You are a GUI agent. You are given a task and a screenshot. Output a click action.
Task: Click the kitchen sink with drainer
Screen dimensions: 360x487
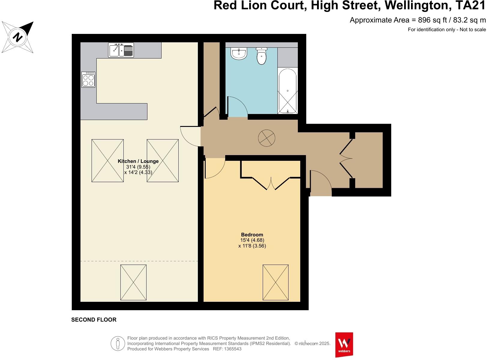[x=121, y=50]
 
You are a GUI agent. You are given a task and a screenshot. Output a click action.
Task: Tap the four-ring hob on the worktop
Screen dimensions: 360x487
[x=88, y=79]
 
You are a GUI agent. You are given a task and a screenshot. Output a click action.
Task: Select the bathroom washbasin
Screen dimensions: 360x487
[x=239, y=54]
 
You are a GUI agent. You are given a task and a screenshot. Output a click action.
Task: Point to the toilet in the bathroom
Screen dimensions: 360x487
[x=262, y=56]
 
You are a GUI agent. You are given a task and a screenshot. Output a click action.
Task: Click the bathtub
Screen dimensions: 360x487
[x=288, y=91]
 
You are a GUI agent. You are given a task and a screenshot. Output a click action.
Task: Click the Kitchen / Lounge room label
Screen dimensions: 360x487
[x=138, y=161]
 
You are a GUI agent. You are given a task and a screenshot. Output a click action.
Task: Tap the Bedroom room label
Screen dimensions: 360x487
[x=252, y=235]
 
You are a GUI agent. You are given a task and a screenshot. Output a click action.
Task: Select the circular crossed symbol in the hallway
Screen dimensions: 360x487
[x=267, y=138]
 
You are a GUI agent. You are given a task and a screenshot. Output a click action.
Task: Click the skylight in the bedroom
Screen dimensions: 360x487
[x=275, y=282]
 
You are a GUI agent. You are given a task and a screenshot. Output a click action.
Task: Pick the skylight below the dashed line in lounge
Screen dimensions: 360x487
[x=133, y=282]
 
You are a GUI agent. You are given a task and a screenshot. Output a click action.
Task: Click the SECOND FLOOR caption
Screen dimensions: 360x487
[x=94, y=320]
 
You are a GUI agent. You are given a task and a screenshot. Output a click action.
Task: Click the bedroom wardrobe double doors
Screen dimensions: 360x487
[x=271, y=184]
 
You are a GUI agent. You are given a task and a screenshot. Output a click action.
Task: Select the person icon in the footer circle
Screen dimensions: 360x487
[x=118, y=343]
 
